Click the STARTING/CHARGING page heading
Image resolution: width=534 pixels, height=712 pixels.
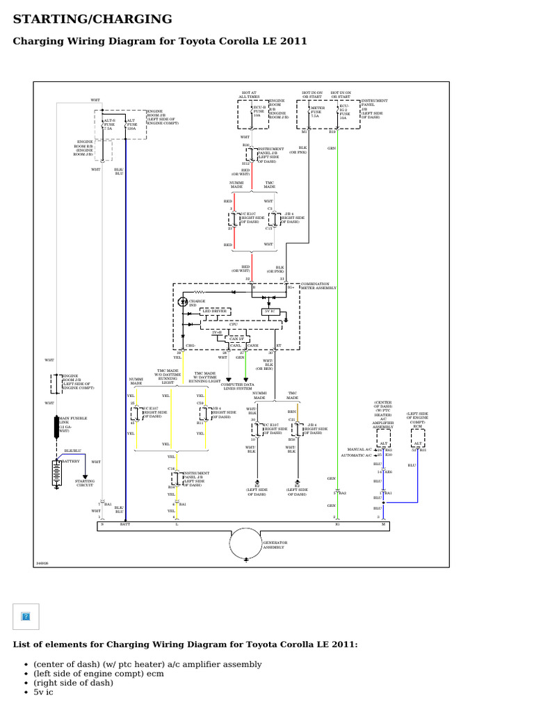tap(93, 19)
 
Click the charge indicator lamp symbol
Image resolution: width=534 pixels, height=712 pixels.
tap(184, 302)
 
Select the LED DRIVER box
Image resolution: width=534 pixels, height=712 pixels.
tap(215, 311)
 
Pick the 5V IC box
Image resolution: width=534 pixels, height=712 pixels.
tap(271, 312)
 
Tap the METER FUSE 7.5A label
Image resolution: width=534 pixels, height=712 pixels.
tap(318, 112)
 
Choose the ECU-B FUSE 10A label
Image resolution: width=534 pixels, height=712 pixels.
tap(259, 113)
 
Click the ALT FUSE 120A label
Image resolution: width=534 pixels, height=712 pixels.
tap(131, 124)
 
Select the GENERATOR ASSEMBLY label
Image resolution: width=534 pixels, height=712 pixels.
tap(275, 544)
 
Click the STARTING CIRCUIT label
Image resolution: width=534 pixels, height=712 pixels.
tap(85, 483)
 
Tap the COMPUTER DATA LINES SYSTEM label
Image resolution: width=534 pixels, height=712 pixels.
tap(237, 386)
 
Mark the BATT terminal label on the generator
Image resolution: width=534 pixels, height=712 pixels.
tap(125, 525)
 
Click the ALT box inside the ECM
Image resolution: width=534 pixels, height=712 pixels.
tap(418, 442)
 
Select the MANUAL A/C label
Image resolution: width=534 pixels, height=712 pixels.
tap(364, 450)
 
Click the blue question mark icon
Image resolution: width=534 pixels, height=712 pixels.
tap(26, 616)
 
